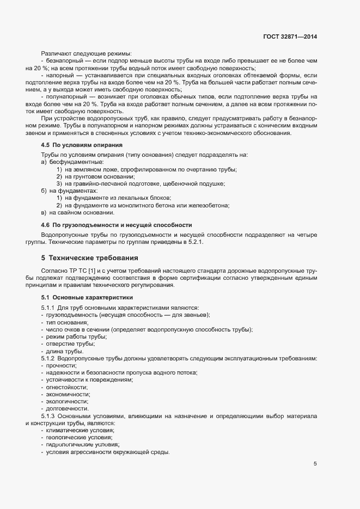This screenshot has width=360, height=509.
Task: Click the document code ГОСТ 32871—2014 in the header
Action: point(289,36)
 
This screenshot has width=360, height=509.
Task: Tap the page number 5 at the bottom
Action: point(315,464)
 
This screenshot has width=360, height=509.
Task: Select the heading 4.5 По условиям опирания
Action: point(82,145)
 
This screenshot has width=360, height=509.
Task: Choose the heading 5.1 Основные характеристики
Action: point(87,298)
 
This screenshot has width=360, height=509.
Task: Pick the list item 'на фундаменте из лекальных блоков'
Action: point(118,198)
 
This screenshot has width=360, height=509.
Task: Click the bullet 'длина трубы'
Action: point(65,351)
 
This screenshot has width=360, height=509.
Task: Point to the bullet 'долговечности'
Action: point(68,408)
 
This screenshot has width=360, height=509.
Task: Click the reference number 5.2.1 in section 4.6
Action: point(194,242)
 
